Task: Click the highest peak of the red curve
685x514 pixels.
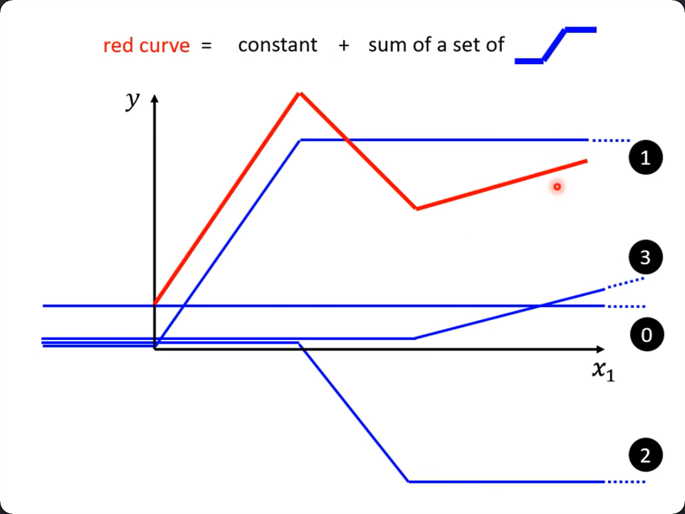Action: [x=299, y=93]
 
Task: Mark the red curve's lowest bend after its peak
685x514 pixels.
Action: [x=416, y=209]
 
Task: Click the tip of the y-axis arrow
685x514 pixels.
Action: [x=154, y=94]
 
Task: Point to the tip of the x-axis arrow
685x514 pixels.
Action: [x=604, y=349]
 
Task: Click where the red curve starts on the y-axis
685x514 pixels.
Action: [x=155, y=303]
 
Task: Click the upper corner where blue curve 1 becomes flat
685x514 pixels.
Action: [x=300, y=140]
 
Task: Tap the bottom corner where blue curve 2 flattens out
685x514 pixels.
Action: [x=409, y=481]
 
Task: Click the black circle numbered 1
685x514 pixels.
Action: [x=646, y=157]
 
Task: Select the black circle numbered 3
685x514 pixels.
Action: [x=646, y=257]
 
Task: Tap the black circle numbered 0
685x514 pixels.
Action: [x=647, y=335]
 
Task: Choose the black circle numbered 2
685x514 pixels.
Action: [x=646, y=455]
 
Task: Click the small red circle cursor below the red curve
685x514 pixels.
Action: [x=557, y=187]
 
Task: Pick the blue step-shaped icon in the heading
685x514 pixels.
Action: [x=556, y=46]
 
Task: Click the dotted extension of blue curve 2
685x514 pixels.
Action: [x=627, y=482]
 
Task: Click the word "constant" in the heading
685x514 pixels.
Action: [x=278, y=45]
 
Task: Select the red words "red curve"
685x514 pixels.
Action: [x=147, y=46]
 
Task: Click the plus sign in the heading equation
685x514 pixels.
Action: [x=344, y=46]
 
